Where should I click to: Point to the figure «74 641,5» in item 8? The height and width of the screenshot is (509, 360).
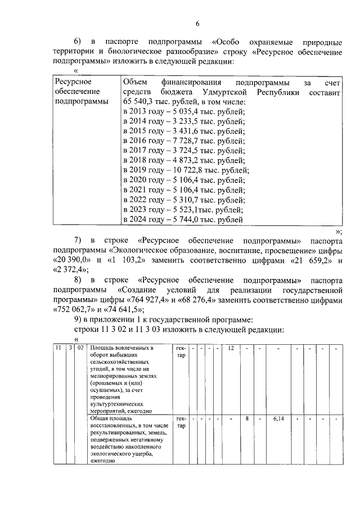coord(121,309)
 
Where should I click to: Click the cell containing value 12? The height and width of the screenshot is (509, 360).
coord(231,349)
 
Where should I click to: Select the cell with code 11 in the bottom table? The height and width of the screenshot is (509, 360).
coord(58,349)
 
